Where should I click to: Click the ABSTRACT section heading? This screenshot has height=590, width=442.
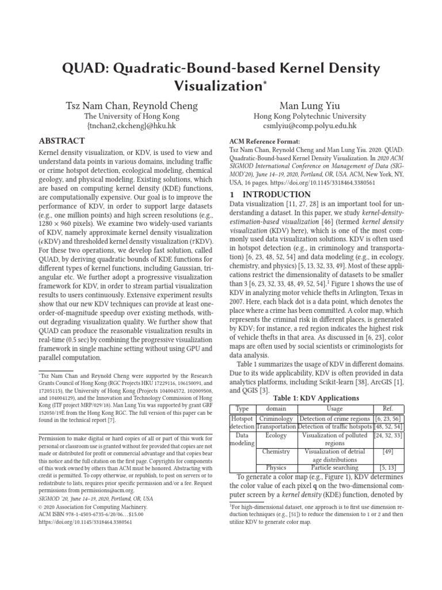tap(62, 141)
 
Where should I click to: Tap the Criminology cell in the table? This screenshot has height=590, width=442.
tap(276, 418)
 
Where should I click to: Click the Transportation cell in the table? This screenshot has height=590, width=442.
tap(276, 426)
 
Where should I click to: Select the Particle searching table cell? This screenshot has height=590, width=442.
tap(334, 468)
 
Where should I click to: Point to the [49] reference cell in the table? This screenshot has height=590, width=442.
tap(387, 452)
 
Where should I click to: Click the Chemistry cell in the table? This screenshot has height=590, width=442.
tap(276, 452)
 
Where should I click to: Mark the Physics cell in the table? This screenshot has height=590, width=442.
tap(276, 468)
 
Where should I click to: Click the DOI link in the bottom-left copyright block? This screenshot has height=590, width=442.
tap(85, 523)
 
